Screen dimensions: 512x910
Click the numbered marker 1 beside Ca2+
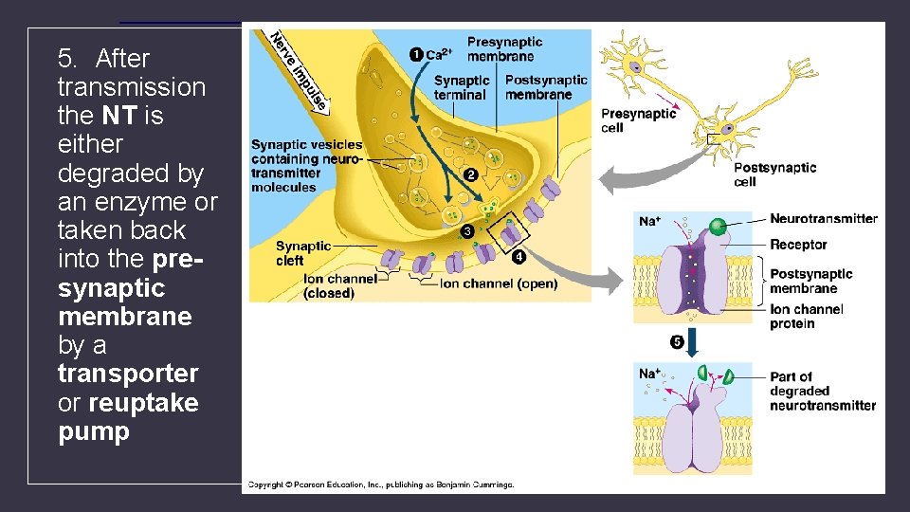415,54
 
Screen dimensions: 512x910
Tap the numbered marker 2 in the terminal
470,174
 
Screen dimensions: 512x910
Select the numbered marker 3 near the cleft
466,231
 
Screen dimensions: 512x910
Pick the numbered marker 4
519,256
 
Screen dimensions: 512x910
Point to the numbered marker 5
677,341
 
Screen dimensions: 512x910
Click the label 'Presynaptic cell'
638,120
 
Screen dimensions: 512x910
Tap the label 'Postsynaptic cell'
774,174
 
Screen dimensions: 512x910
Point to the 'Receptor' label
798,245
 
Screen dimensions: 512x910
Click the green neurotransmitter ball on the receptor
719,226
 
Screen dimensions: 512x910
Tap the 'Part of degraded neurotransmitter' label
822,391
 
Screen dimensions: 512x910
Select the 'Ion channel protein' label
806,317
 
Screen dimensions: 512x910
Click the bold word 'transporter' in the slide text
128,374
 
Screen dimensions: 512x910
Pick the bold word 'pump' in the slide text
93,431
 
